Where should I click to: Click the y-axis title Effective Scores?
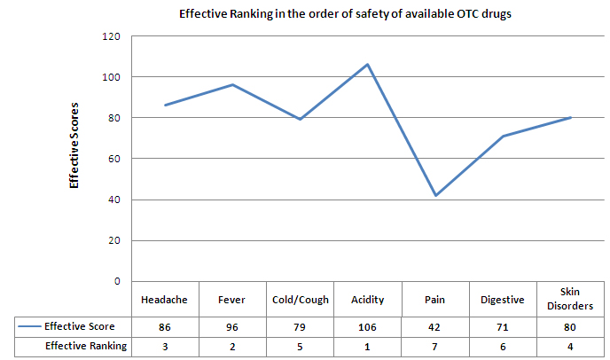point(75,157)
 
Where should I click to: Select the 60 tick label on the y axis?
point(113,159)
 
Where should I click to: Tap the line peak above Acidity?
point(368,65)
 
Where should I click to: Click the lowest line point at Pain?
point(435,195)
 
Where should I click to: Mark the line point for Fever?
point(232,85)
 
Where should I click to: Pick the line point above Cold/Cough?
point(300,120)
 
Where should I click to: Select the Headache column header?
point(164,300)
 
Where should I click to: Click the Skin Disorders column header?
point(571,300)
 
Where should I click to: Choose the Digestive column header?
point(504,300)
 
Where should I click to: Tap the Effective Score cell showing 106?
point(368,327)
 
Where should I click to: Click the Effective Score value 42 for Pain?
point(435,327)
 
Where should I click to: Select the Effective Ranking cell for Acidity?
point(368,345)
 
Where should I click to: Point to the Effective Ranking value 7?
point(435,345)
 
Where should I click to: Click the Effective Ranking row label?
point(85,345)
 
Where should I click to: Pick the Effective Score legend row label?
point(85,327)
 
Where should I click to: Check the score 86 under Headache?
point(164,327)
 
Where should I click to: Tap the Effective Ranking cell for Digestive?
point(504,345)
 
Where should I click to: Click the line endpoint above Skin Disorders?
point(571,117)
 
